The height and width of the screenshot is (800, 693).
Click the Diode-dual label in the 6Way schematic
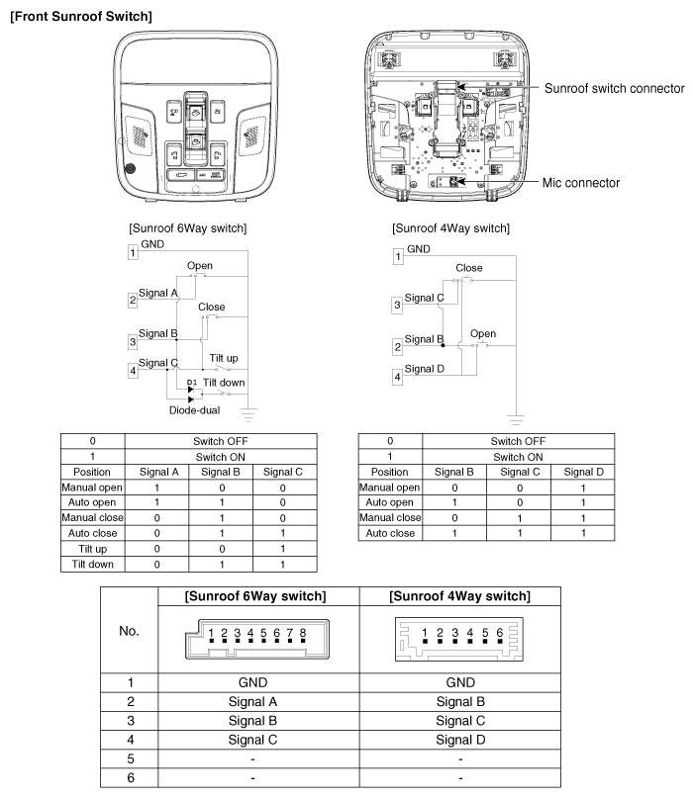pyautogui.click(x=194, y=407)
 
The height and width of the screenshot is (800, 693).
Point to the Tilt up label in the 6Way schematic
pyautogui.click(x=223, y=358)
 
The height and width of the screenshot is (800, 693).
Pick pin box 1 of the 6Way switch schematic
pyautogui.click(x=134, y=253)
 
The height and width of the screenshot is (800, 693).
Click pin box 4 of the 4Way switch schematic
pyautogui.click(x=398, y=377)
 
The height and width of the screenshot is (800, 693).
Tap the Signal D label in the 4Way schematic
pyautogui.click(x=426, y=369)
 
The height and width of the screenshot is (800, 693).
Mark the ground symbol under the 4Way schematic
pyautogui.click(x=515, y=419)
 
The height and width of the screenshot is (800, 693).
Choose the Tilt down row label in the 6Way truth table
pyautogui.click(x=91, y=565)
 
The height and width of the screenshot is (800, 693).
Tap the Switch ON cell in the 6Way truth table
pyautogui.click(x=220, y=456)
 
